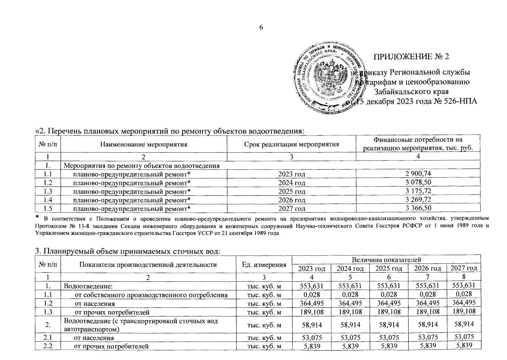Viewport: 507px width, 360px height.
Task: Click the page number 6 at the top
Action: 261,28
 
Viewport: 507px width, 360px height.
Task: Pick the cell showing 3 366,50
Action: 418,208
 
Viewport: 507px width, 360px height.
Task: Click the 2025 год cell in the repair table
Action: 291,191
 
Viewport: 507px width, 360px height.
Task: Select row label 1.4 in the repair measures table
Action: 48,200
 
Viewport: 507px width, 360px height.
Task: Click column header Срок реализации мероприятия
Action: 291,144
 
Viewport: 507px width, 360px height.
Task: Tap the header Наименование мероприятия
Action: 144,144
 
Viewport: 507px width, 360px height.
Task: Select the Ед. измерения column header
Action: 264,265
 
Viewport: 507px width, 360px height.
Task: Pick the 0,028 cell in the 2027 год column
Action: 464,294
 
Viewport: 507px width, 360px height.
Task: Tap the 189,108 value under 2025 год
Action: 389,312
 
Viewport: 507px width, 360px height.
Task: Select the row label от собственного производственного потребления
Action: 151,295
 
